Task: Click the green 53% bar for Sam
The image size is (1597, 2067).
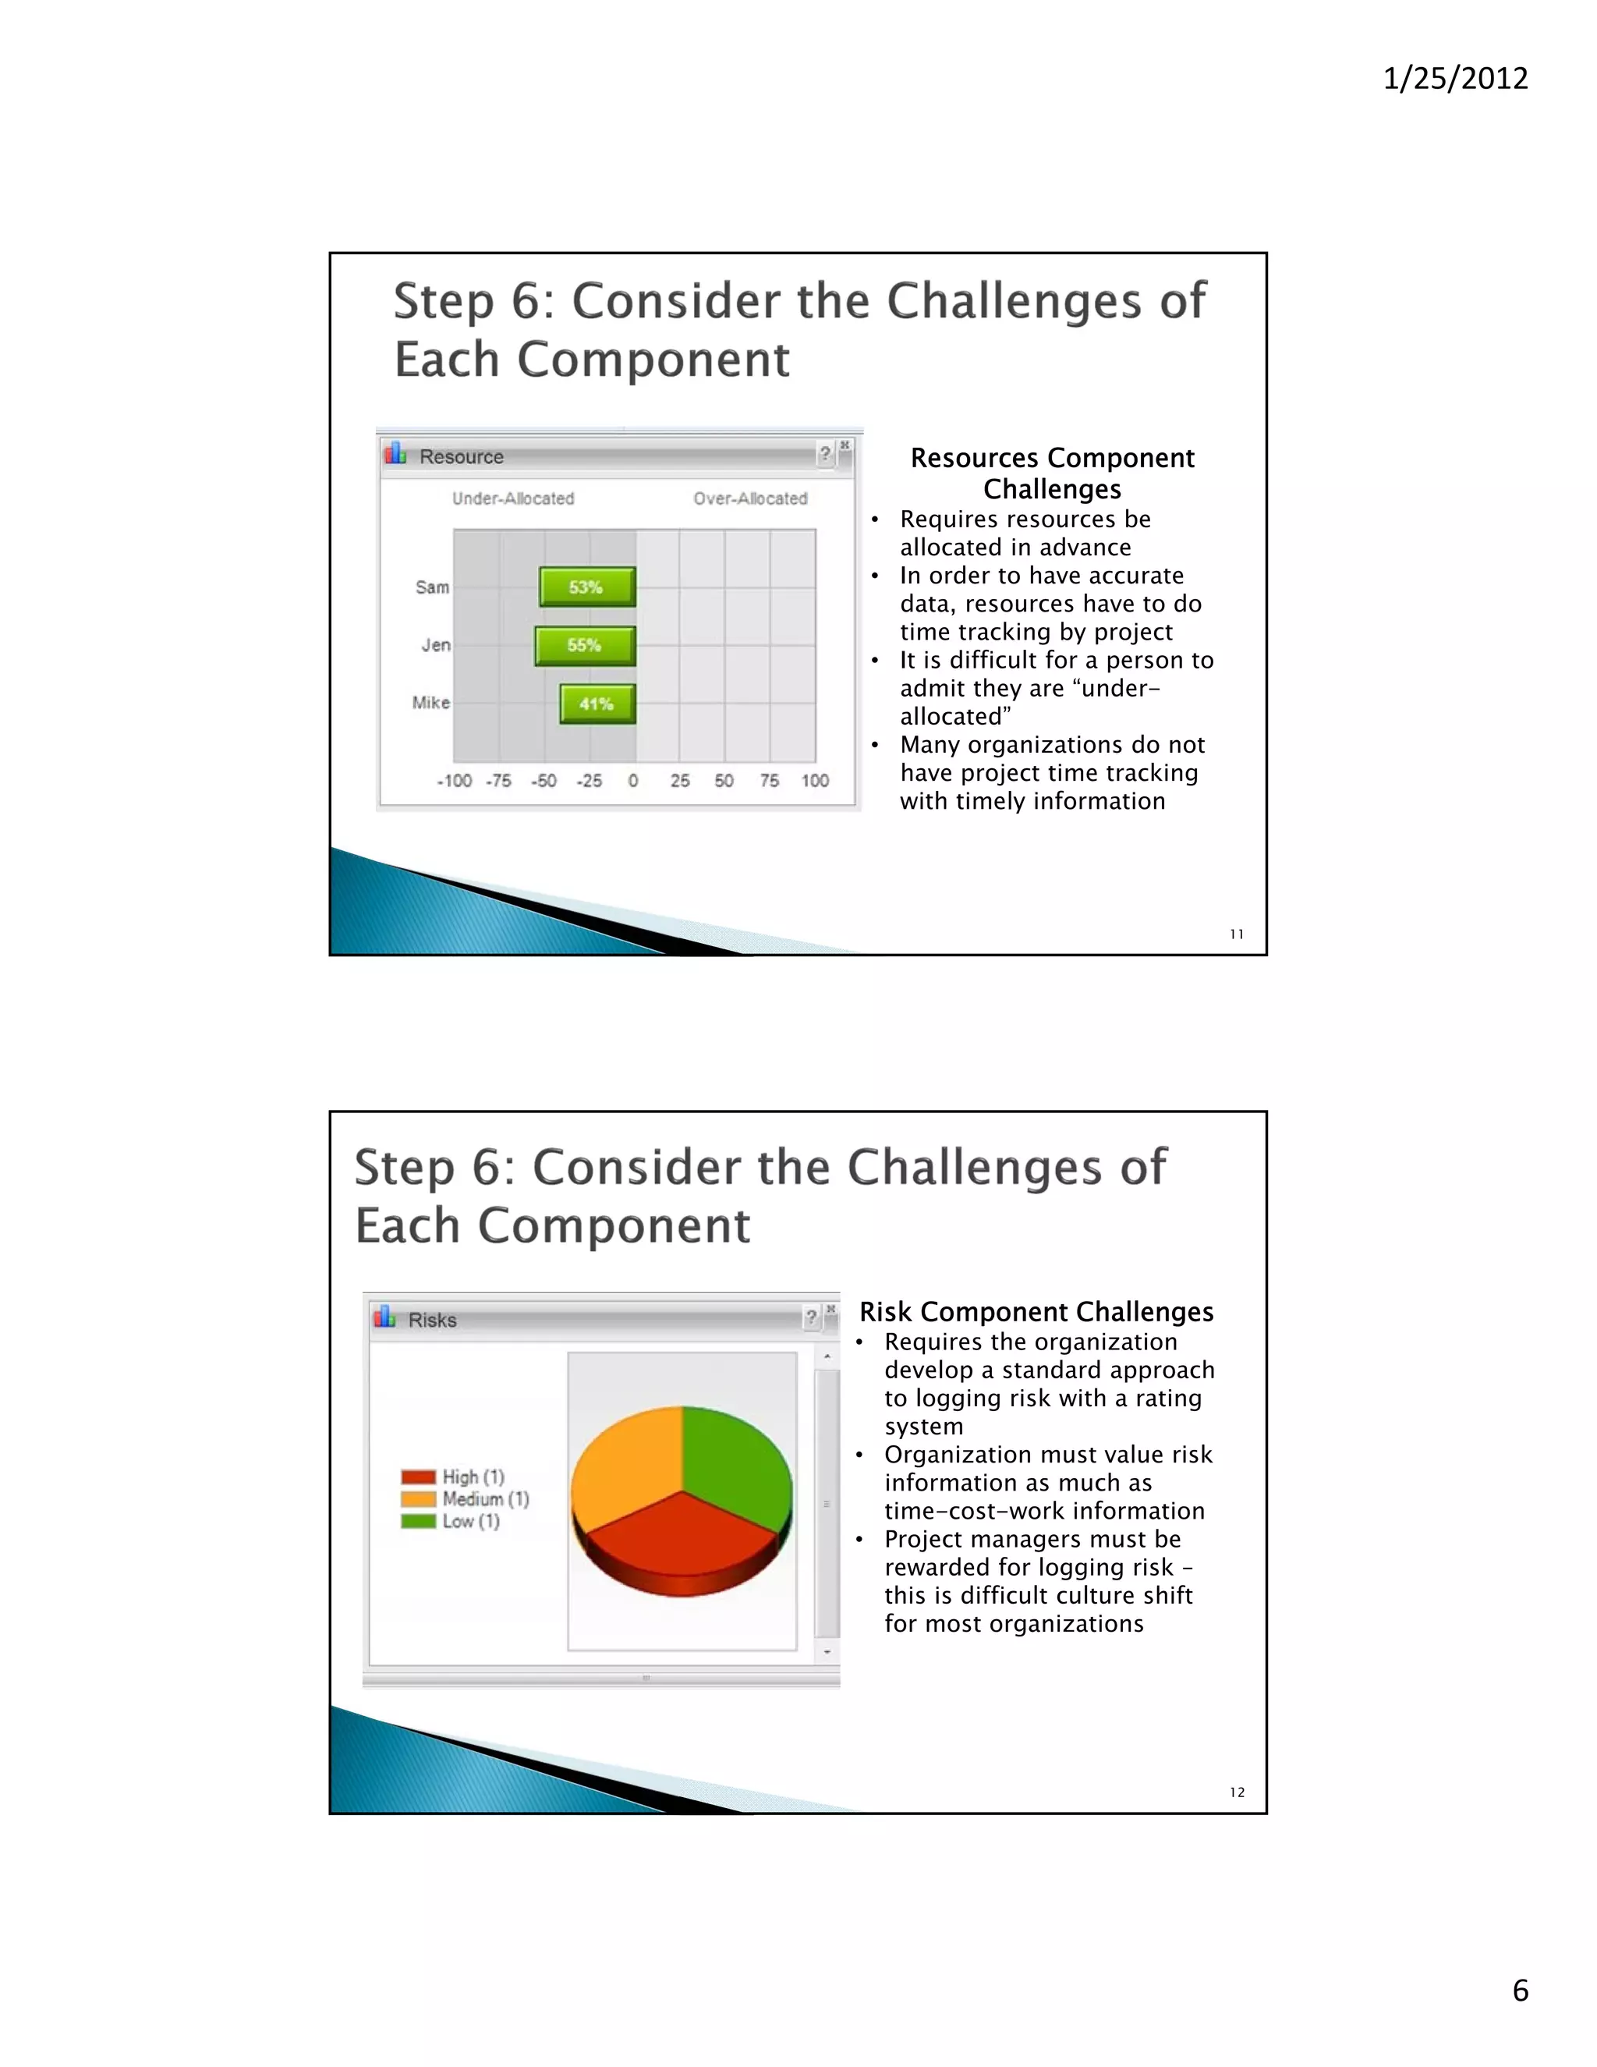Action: coord(586,587)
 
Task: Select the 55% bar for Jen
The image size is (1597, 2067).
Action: coord(585,646)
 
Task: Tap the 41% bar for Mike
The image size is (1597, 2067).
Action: coord(597,704)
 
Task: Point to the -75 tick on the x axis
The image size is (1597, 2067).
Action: coord(498,781)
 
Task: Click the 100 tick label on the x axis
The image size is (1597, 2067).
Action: coord(815,781)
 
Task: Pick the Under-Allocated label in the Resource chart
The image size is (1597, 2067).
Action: coord(513,498)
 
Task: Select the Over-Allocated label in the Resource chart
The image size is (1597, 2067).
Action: coord(750,498)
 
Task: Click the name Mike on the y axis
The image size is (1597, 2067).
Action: coord(430,702)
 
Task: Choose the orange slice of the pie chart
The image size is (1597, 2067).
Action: coord(625,1462)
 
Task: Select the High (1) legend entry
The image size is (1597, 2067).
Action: coord(453,1477)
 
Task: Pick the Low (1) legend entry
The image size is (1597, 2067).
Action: coord(451,1521)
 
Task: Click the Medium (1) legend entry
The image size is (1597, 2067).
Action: coord(466,1499)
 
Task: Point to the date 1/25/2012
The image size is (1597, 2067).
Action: coord(1455,77)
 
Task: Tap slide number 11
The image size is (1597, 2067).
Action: coord(1237,934)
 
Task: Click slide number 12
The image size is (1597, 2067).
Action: coord(1237,1792)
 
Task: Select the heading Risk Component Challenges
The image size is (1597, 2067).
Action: coord(1036,1312)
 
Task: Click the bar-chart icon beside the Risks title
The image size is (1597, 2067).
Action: coord(384,1317)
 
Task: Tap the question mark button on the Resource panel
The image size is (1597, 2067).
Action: coord(825,454)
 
